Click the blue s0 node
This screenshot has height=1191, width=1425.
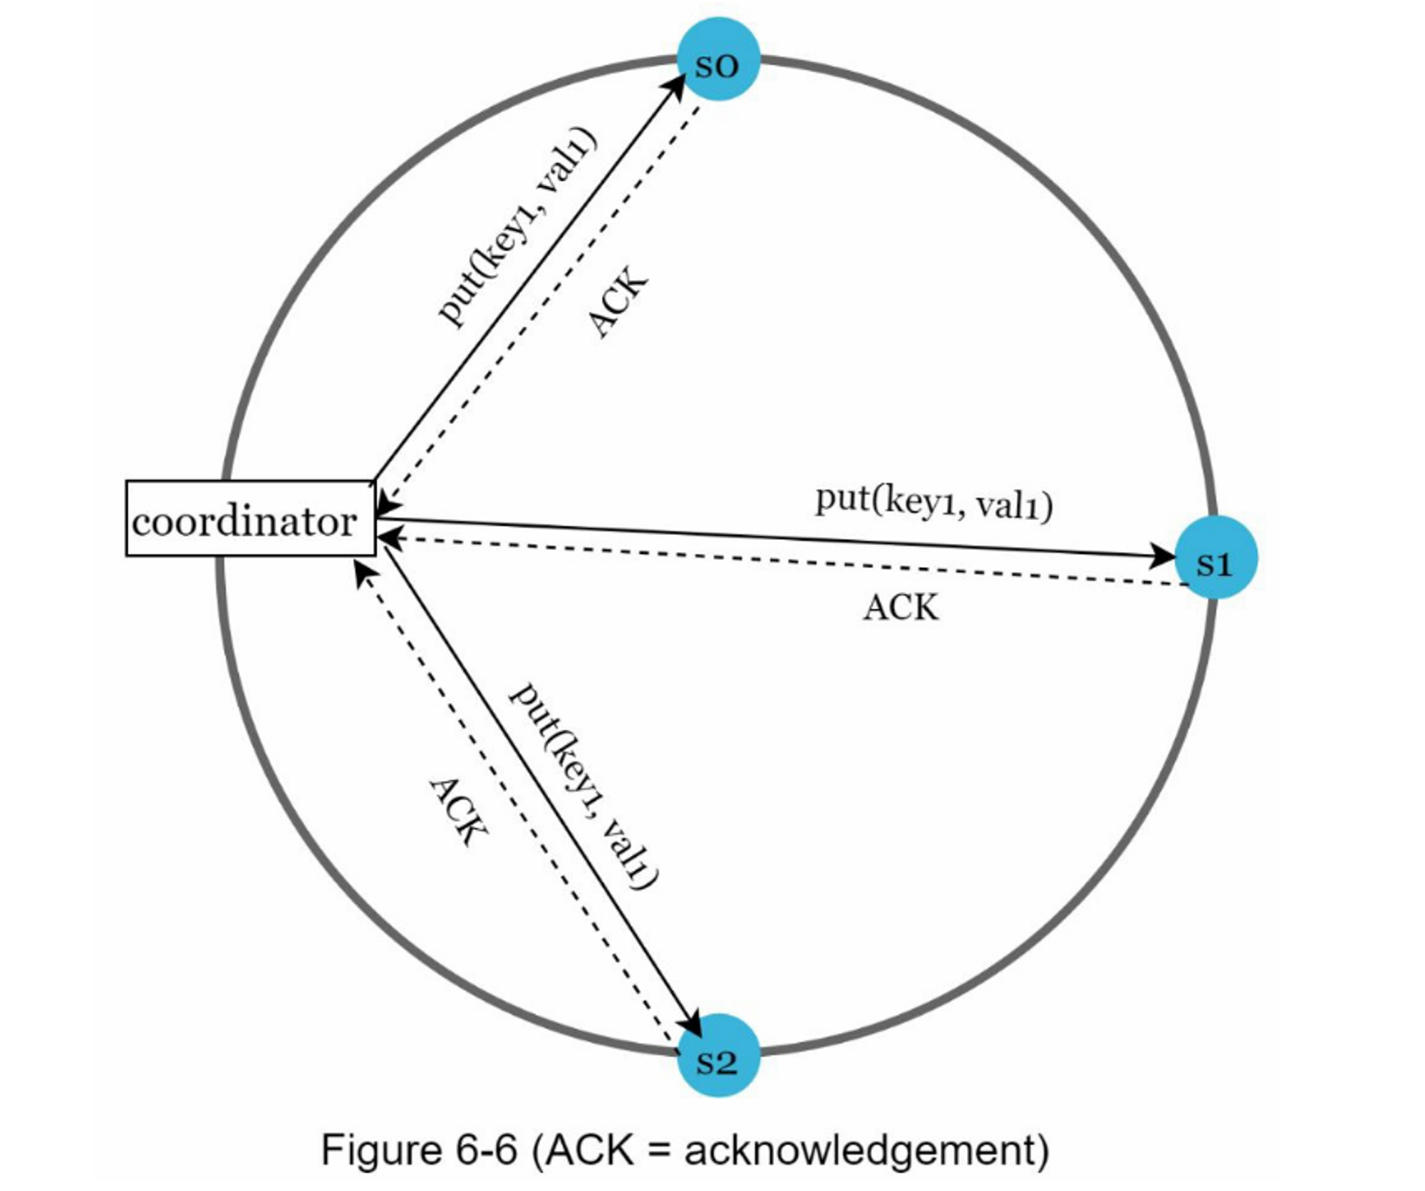pos(717,60)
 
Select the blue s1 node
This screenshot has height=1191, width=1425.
pos(1216,558)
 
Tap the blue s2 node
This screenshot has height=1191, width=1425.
pos(717,1055)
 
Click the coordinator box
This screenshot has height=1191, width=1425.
pos(250,518)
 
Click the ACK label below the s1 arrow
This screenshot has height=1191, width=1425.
pos(901,608)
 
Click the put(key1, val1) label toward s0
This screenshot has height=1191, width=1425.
pos(517,226)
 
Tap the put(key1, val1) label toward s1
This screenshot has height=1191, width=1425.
pos(933,503)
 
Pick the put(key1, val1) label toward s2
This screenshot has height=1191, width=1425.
pos(583,786)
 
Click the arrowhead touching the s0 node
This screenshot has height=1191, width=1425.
pos(674,85)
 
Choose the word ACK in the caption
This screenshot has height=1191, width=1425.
pos(591,1149)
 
